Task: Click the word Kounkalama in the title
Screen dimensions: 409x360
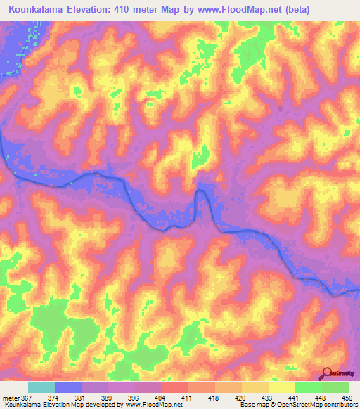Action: coord(40,8)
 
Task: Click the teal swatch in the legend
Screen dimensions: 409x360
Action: coord(41,388)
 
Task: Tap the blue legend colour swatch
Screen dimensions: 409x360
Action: coord(68,388)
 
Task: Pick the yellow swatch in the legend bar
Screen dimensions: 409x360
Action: coord(281,388)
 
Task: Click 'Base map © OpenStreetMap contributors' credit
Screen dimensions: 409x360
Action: coord(297,405)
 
